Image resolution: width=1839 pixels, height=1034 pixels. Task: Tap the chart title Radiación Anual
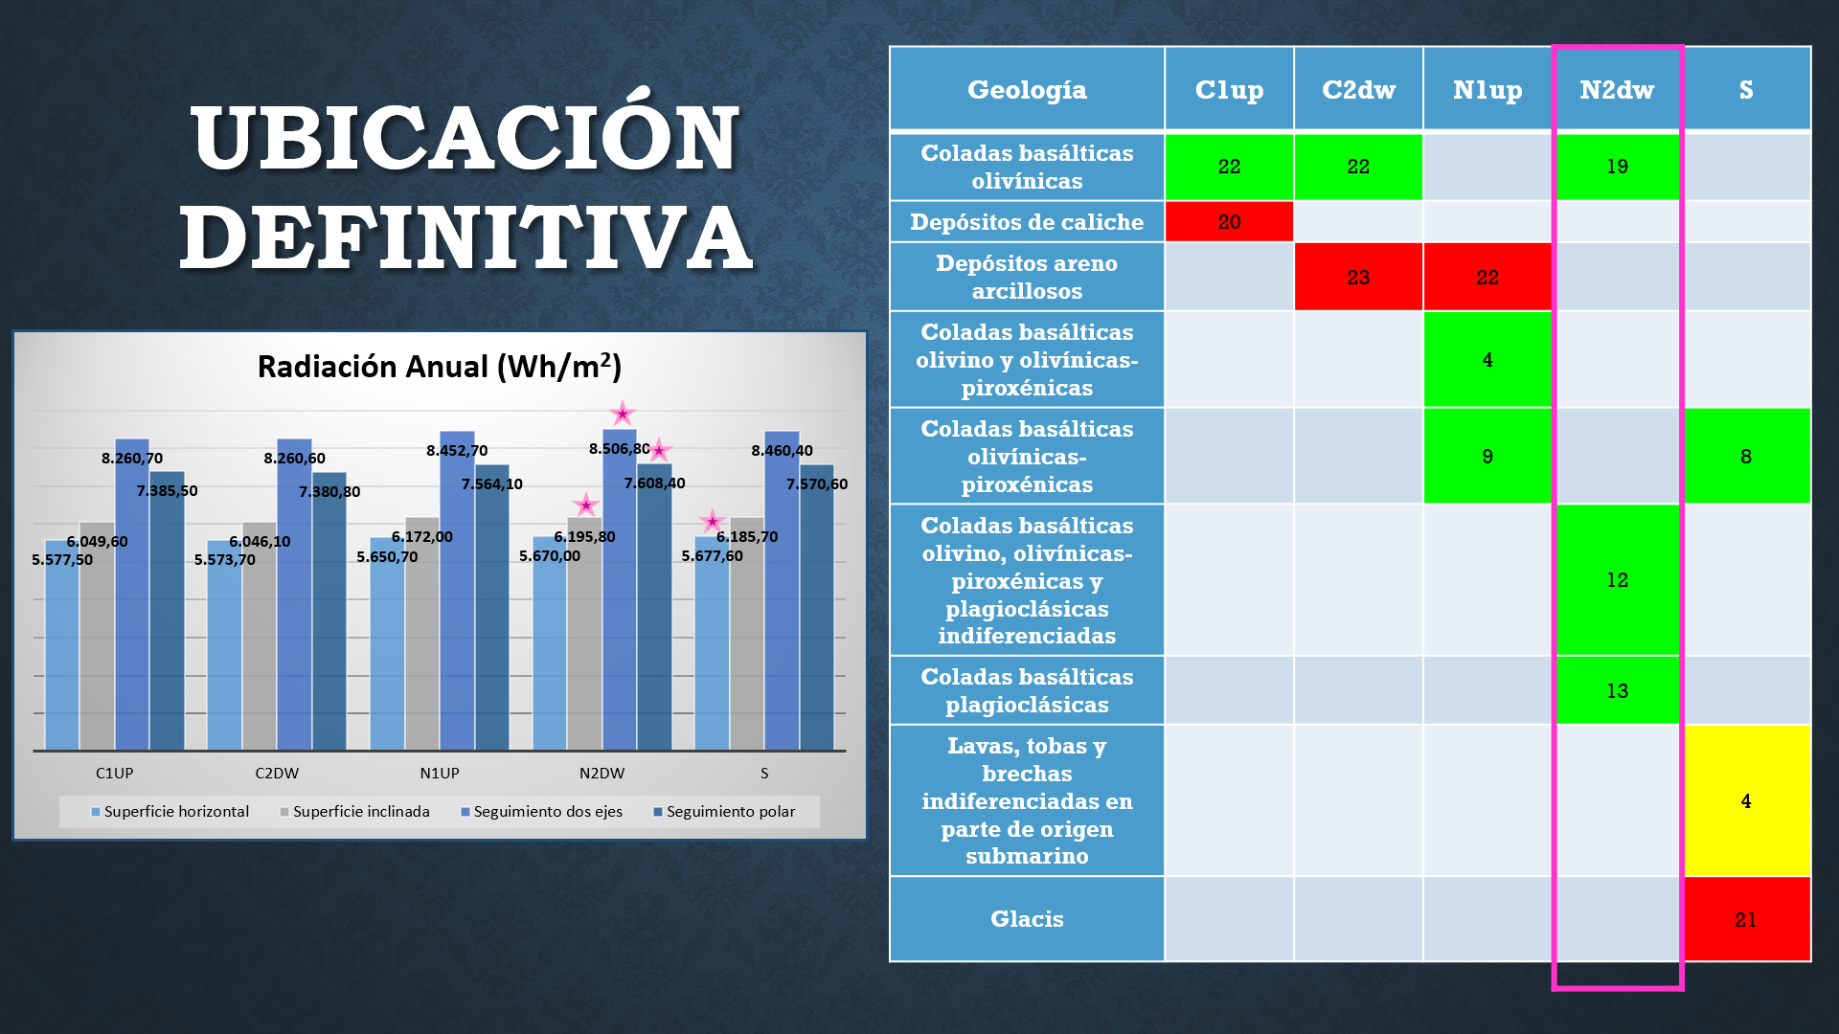point(440,367)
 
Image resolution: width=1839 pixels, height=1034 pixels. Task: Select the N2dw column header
point(1617,90)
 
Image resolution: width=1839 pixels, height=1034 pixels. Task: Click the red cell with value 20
point(1229,222)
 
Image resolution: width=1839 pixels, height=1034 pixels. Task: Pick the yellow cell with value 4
point(1746,800)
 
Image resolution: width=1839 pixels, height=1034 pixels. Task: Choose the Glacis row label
point(1027,919)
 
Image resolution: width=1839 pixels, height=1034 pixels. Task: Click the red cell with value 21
point(1746,919)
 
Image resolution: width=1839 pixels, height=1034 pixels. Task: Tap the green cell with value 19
point(1617,167)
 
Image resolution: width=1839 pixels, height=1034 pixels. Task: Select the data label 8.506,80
point(619,449)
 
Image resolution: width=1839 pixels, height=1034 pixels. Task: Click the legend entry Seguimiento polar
point(730,812)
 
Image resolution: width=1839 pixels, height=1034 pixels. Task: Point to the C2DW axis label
point(277,774)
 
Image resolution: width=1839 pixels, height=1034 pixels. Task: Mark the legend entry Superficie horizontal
point(176,812)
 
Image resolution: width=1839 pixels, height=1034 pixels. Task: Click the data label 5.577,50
point(62,560)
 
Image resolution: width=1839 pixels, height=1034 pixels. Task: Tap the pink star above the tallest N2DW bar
point(623,414)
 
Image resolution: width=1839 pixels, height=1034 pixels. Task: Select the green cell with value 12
point(1617,580)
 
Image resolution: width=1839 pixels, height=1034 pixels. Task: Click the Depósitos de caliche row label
point(1027,222)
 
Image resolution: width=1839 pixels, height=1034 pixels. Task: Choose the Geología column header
point(1027,90)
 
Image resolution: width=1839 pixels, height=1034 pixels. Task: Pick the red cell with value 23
point(1358,278)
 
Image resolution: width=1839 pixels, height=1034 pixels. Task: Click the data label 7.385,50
point(167,491)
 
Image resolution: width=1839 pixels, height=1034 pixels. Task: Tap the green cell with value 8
point(1746,457)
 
